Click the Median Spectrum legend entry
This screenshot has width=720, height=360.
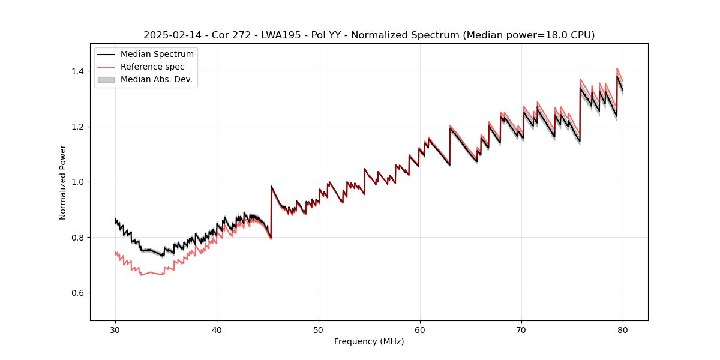click(157, 55)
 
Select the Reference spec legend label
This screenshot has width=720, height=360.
click(152, 67)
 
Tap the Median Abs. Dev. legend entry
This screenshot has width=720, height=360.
click(156, 79)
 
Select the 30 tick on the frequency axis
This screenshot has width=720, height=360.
click(115, 329)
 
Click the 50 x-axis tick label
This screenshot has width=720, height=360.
click(319, 329)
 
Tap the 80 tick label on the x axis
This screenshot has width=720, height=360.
click(623, 329)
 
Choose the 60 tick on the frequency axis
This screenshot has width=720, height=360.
click(420, 329)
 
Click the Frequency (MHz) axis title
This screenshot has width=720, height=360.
click(369, 341)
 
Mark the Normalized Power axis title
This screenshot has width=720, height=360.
click(63, 182)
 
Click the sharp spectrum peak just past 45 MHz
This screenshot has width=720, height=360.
click(271, 187)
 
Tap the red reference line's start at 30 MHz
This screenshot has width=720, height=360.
click(115, 253)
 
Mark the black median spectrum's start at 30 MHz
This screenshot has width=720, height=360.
click(115, 219)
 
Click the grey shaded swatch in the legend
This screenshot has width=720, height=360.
click(105, 79)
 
